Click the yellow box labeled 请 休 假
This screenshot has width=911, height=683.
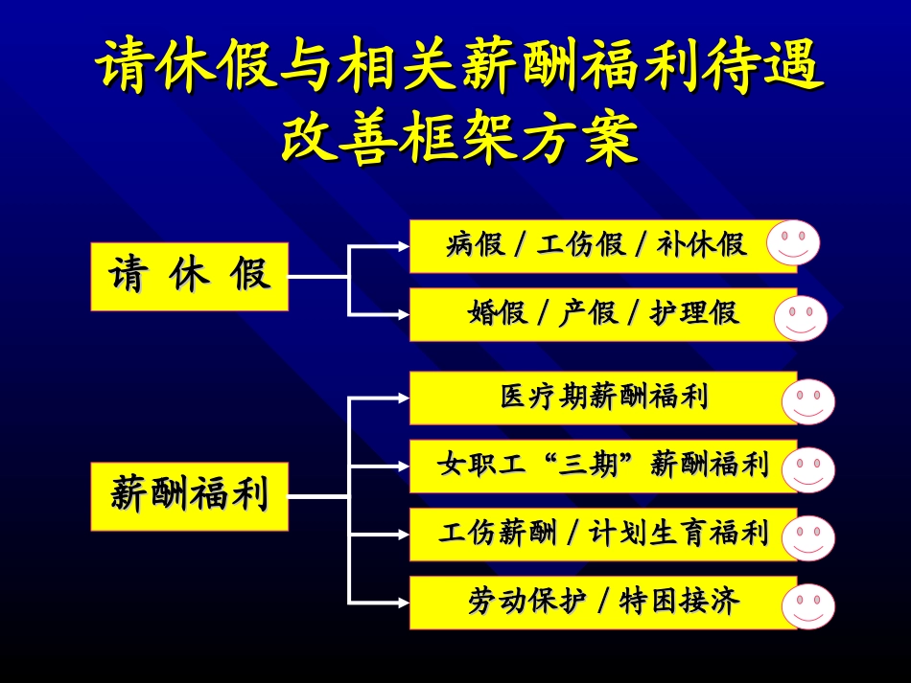pyautogui.click(x=190, y=277)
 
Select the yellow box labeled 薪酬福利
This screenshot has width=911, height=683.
pyautogui.click(x=190, y=496)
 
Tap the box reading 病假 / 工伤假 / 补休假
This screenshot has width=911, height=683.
pyautogui.click(x=595, y=246)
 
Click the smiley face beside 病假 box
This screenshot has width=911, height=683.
pyautogui.click(x=793, y=242)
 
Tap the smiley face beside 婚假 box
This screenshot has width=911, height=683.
pyautogui.click(x=801, y=318)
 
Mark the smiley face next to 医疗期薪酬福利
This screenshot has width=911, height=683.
pyautogui.click(x=807, y=401)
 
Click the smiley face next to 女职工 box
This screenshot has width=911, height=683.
pyautogui.click(x=807, y=469)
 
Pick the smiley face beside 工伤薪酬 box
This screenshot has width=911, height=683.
pyautogui.click(x=807, y=537)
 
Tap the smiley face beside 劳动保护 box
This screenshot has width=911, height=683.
pyautogui.click(x=807, y=605)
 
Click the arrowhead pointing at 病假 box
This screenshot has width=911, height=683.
pyautogui.click(x=402, y=246)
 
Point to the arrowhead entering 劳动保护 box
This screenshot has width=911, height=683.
pyautogui.click(x=402, y=603)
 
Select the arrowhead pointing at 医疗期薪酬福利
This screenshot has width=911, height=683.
pyautogui.click(x=402, y=398)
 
